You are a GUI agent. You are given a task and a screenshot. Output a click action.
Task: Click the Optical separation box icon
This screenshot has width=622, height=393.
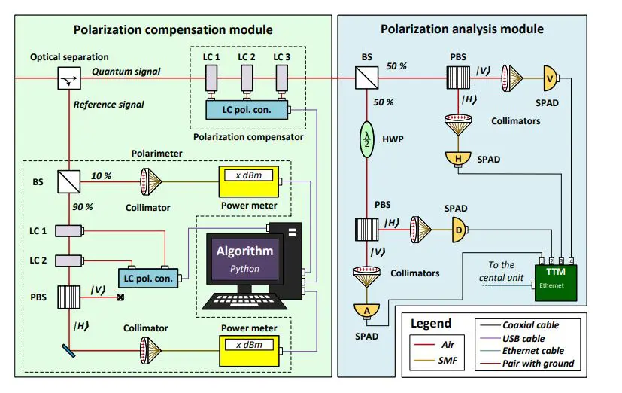click(69, 78)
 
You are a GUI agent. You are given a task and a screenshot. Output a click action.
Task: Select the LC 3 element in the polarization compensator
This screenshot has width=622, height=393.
click(281, 78)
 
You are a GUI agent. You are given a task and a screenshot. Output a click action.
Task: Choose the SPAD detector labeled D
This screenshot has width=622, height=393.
click(458, 231)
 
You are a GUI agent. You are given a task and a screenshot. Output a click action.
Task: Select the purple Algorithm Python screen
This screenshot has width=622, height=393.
click(245, 258)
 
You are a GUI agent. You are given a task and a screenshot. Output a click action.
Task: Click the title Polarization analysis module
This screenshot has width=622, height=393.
click(462, 29)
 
